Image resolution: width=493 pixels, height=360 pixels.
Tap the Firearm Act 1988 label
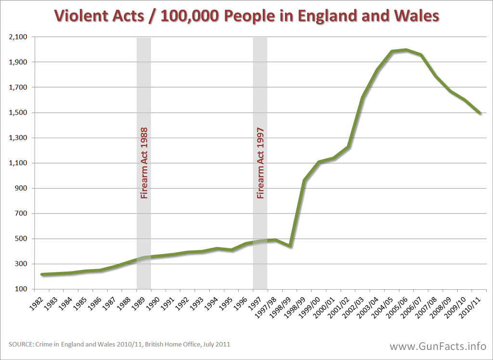[x=143, y=163]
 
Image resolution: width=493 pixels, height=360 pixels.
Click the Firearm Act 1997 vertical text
[x=260, y=163]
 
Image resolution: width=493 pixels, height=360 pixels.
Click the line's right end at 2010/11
[x=480, y=113]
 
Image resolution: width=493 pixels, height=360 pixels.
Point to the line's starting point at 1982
[x=42, y=274]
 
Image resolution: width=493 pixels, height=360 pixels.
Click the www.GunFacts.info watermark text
[x=438, y=346]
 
